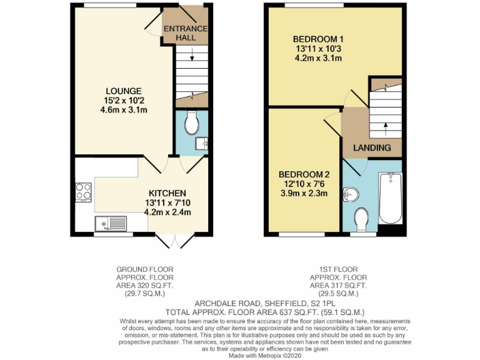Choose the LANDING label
(372, 148)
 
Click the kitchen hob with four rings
(83, 192)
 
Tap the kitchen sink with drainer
(111, 222)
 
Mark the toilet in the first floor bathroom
(362, 220)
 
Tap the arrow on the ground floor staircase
(192, 59)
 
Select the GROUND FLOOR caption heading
(145, 269)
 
